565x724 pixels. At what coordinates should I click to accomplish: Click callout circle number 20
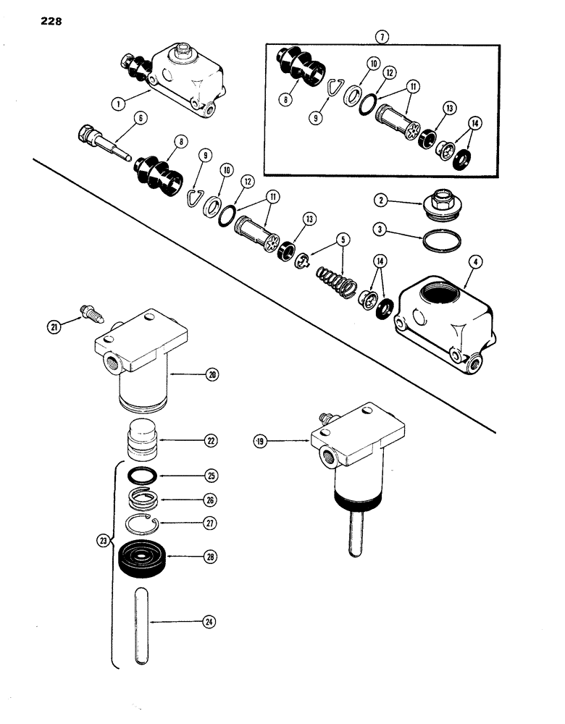[210, 376]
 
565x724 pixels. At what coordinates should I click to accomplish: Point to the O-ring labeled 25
[141, 476]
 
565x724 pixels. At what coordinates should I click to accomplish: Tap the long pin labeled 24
[141, 622]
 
